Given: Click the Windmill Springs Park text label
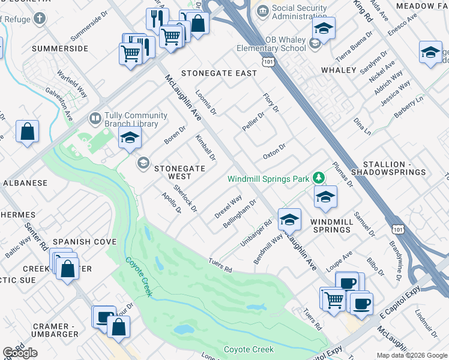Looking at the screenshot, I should (x=268, y=179).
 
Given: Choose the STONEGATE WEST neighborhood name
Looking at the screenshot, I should (x=181, y=173).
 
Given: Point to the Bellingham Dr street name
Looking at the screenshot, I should (x=240, y=212).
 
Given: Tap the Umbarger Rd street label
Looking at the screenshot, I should (x=257, y=231).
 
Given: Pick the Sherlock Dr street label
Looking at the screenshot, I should (x=185, y=197).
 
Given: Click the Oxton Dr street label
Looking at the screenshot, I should (x=274, y=151).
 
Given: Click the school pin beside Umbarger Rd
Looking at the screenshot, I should (x=289, y=220).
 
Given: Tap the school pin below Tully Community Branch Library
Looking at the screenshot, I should (x=130, y=138).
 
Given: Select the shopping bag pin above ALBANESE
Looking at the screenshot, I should (x=28, y=132).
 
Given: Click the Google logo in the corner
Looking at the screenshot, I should (x=20, y=353).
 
